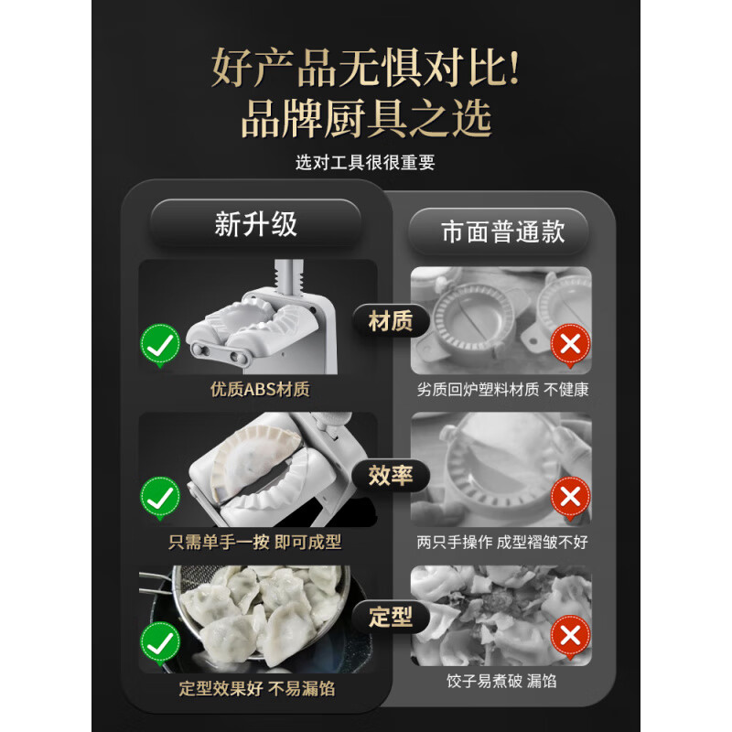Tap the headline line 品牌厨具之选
pos(365,118)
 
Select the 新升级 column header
pos(256,224)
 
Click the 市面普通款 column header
pos(502,231)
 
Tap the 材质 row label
pos(390,321)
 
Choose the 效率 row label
pos(390,477)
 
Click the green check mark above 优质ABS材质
pos(159,347)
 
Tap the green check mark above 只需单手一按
pos(159,497)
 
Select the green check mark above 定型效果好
pos(159,640)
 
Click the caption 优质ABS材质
pos(260,389)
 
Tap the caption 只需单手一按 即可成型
pos(255,542)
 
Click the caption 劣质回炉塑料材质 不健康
pos(502,389)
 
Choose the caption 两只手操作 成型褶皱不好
pos(502,542)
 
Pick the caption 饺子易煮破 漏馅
pos(502,680)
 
